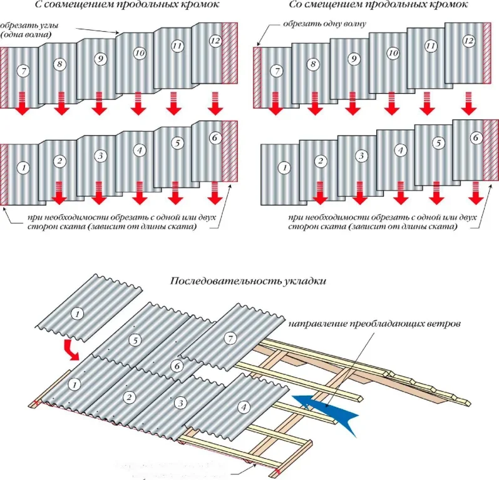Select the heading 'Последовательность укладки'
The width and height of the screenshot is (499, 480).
click(x=250, y=281)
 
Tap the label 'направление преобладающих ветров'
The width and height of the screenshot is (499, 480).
click(x=374, y=326)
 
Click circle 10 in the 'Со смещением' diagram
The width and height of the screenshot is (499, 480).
click(x=393, y=54)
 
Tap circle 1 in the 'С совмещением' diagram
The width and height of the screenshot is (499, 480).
click(x=23, y=167)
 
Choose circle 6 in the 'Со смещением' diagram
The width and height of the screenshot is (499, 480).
click(x=475, y=137)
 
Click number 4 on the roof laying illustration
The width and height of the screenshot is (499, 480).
click(x=244, y=407)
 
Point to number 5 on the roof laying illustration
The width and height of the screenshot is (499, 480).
click(x=133, y=341)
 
